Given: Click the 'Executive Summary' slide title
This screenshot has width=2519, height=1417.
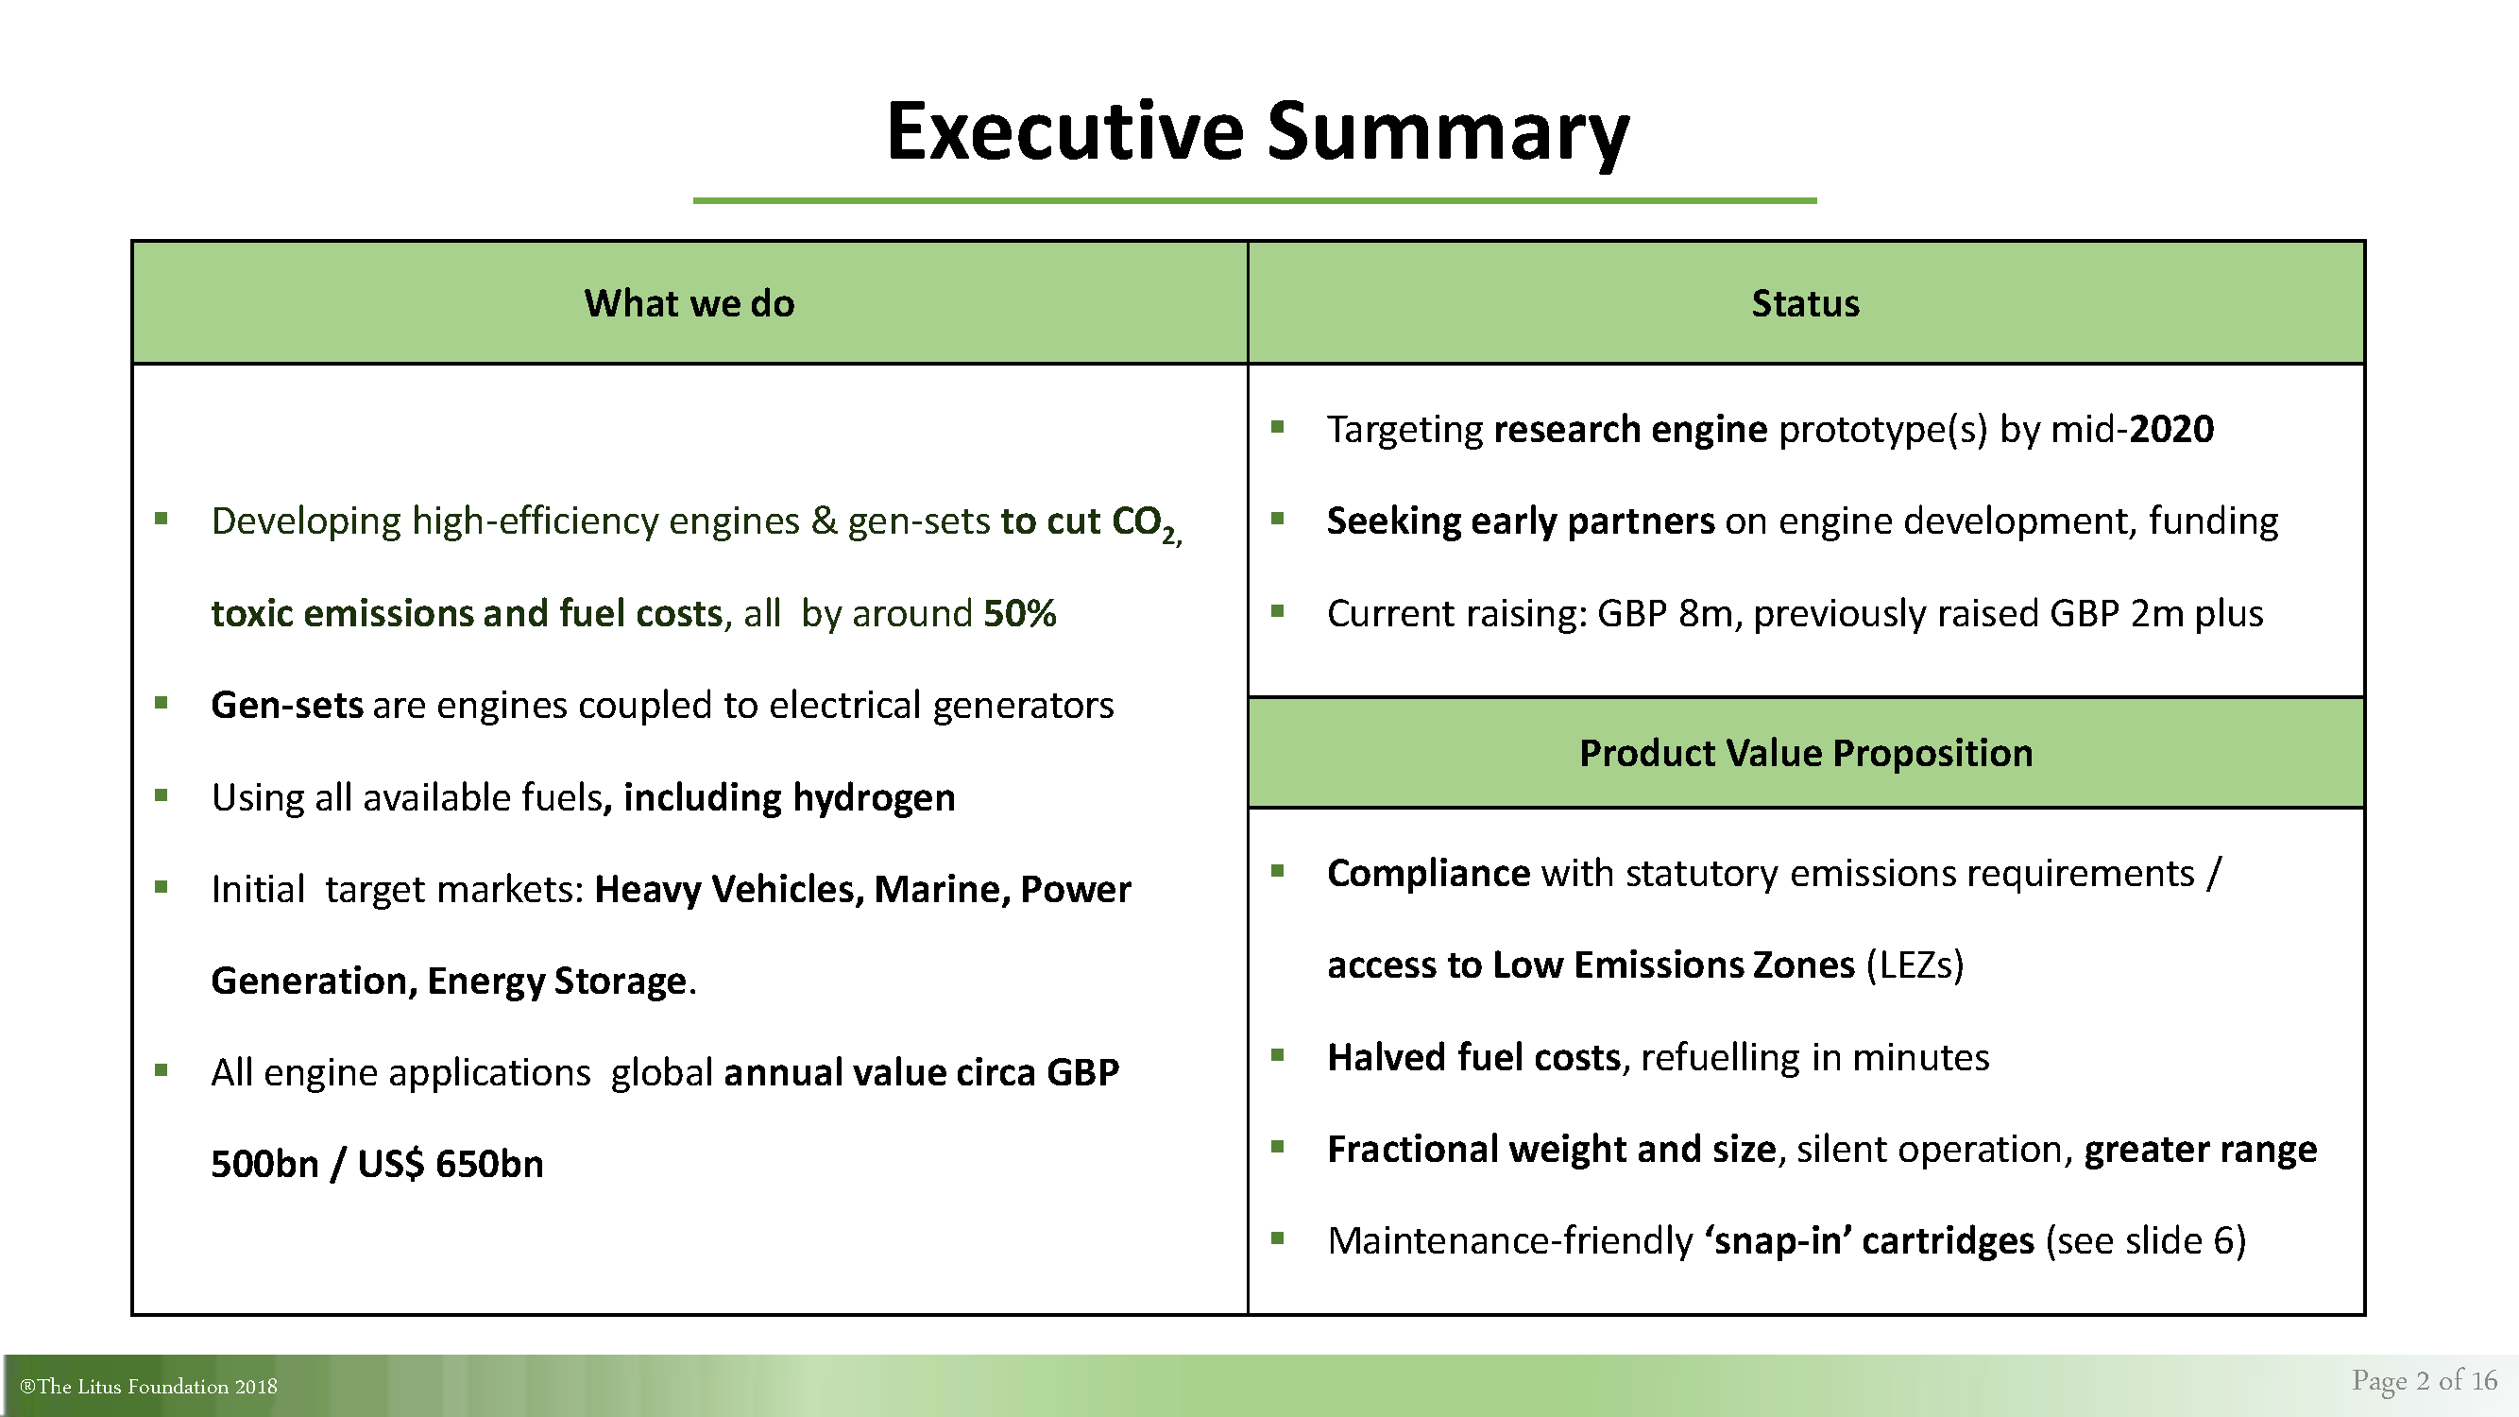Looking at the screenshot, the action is tap(1257, 133).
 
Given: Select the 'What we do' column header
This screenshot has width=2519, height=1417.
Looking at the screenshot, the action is tap(689, 303).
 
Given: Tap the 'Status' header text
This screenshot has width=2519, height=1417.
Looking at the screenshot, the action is tap(1805, 303).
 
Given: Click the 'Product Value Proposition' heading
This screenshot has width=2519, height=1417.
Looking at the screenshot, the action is tap(1806, 753).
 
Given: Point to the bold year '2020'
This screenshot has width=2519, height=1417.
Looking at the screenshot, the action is tap(2170, 429).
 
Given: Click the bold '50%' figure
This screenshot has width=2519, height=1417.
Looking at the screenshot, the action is tap(1020, 613).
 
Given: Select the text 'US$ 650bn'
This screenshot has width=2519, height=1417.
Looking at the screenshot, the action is tap(451, 1164).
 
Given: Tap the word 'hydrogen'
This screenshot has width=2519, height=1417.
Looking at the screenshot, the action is tap(874, 798).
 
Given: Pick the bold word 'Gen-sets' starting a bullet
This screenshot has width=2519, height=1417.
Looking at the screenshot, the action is tap(286, 705).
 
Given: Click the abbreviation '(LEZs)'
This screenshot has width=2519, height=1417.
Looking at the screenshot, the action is tap(1915, 965).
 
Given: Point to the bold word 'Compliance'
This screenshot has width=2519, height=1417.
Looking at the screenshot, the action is tap(1429, 873).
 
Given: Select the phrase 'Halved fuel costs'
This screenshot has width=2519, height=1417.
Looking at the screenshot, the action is tap(1473, 1057).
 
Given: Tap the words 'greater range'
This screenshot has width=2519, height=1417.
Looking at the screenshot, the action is tap(2200, 1150).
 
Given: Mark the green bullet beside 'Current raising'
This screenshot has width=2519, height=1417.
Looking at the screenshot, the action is tap(1277, 611).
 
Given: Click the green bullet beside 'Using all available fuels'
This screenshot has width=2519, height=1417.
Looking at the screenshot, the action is tap(162, 795).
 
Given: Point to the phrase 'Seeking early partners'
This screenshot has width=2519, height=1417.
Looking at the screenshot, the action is tap(1521, 521).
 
